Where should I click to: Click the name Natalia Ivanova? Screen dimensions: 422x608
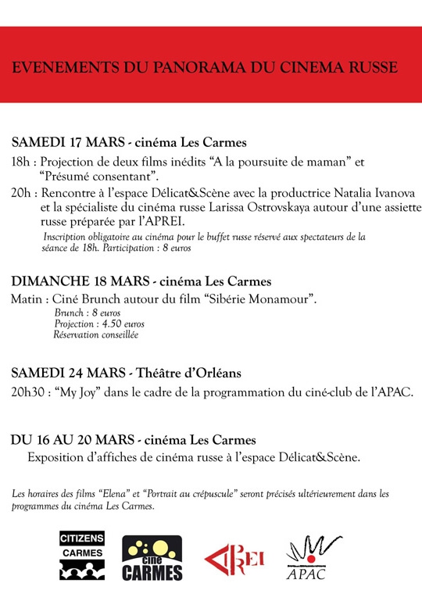[x=362, y=193]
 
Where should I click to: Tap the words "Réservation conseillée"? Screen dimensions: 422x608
[x=95, y=334]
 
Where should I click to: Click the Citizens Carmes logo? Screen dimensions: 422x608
[x=82, y=556]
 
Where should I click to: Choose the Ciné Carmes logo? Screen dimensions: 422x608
[x=152, y=558]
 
